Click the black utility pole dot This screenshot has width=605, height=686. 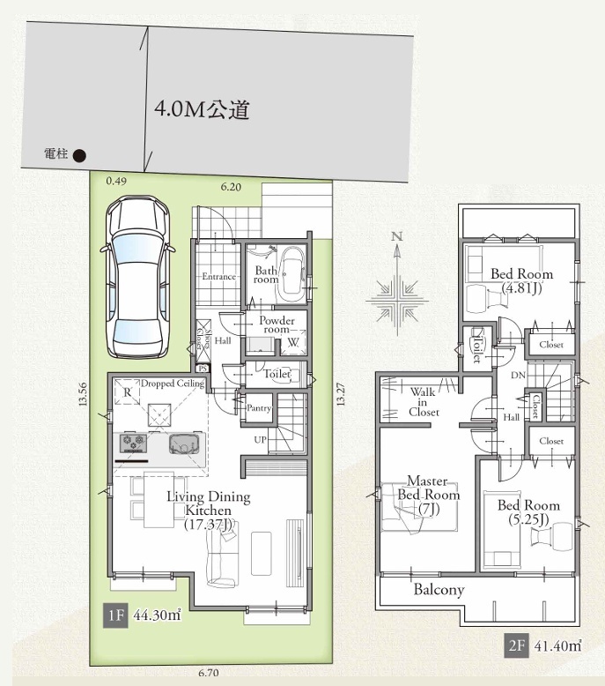79,155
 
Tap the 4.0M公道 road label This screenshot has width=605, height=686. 202,109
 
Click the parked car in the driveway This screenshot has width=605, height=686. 137,278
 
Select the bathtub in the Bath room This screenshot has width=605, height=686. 291,275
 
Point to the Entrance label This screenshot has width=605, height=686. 219,277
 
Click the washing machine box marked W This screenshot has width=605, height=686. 292,343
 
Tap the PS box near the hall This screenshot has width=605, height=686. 203,369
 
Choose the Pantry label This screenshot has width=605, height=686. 259,407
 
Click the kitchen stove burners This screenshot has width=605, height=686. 134,444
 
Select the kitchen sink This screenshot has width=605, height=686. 187,444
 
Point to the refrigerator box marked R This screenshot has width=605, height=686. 127,392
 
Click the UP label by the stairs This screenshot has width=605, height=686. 261,439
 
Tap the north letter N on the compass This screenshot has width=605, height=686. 396,236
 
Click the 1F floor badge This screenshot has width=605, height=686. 115,615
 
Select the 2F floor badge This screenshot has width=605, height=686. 516,645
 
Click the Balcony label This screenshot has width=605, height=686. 439,590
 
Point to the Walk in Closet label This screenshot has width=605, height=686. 424,401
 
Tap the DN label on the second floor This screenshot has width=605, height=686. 518,375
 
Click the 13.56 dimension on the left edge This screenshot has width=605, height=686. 83,394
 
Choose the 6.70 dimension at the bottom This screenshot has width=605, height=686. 209,673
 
